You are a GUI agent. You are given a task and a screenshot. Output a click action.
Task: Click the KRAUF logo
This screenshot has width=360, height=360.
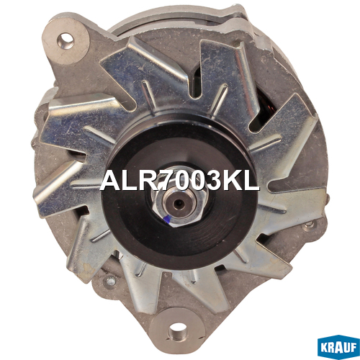[x=338, y=347]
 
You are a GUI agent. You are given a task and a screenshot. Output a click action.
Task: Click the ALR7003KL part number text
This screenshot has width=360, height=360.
[x=179, y=181]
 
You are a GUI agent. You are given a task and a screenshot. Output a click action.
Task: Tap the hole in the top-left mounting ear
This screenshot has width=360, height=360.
[x=66, y=41]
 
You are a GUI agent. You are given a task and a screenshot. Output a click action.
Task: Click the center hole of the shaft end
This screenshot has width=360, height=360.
[x=179, y=204]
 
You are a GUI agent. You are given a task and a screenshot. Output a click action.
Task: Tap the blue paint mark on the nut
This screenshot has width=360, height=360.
[x=168, y=219]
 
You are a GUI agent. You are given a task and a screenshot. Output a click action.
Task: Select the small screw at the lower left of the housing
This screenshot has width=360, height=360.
[x=111, y=281]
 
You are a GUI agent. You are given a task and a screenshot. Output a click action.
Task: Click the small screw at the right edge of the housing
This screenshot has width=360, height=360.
[x=310, y=224]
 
